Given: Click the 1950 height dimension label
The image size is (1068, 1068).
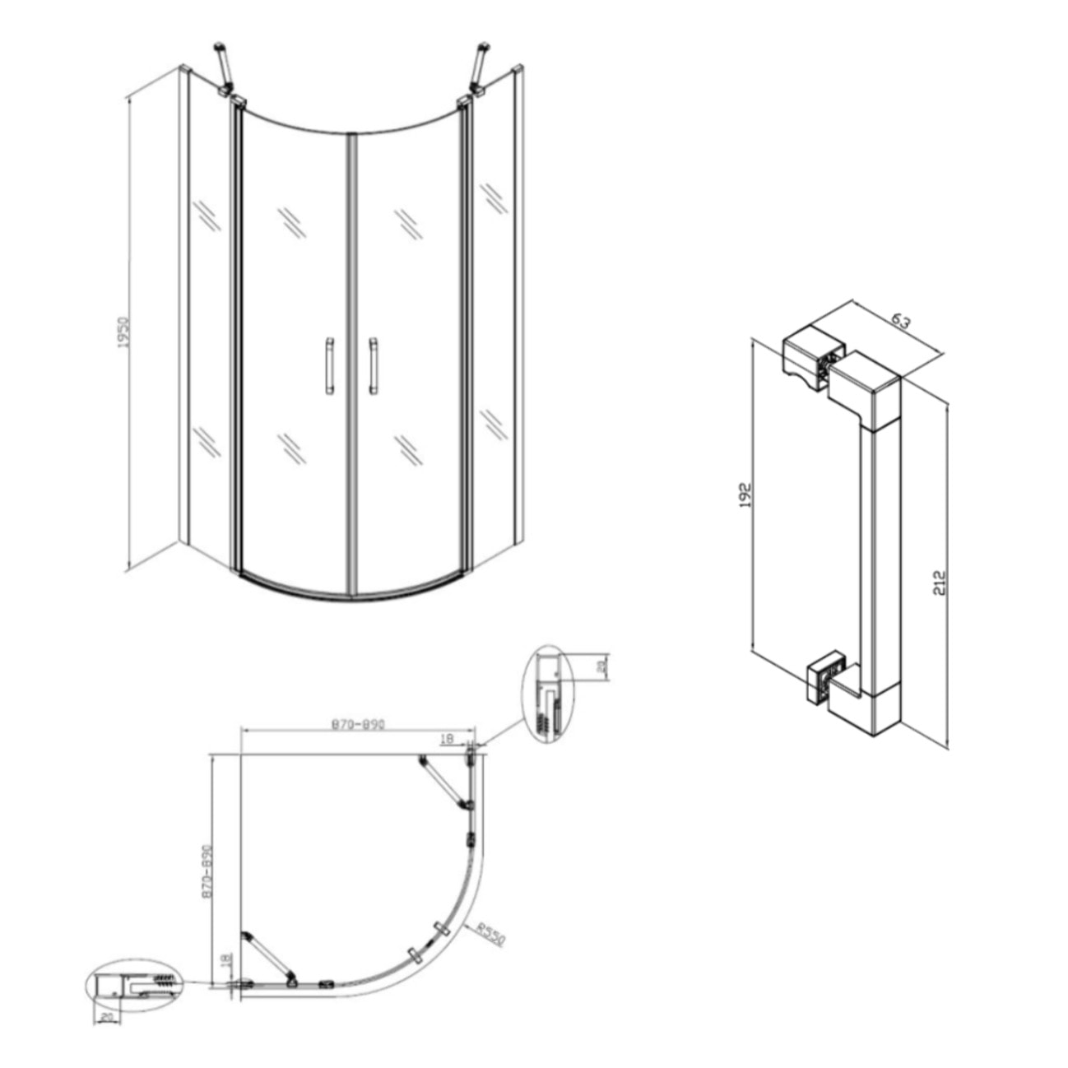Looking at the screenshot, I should coord(124,332).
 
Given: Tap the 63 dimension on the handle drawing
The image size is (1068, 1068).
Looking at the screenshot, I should coord(901,322).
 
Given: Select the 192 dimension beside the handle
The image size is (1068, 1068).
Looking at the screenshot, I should coord(745,495).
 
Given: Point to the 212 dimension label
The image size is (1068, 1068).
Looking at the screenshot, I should coord(941,582).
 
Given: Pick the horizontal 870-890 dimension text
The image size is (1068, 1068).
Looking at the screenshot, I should coord(358,725).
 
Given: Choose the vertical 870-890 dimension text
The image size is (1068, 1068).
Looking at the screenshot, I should coord(207,871).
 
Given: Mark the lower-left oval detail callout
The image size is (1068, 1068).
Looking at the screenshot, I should coord(132,987).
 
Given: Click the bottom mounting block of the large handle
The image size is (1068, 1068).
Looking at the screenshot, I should coord(825,676).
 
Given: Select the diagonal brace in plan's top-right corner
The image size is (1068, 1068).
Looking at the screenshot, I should coord(444,782).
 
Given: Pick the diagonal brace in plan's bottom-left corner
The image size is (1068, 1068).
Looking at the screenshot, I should coord(267,959).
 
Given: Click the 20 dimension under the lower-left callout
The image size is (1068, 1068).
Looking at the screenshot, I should coord(105,1017).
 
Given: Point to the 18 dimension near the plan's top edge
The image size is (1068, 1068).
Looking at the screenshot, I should coord(448,739).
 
